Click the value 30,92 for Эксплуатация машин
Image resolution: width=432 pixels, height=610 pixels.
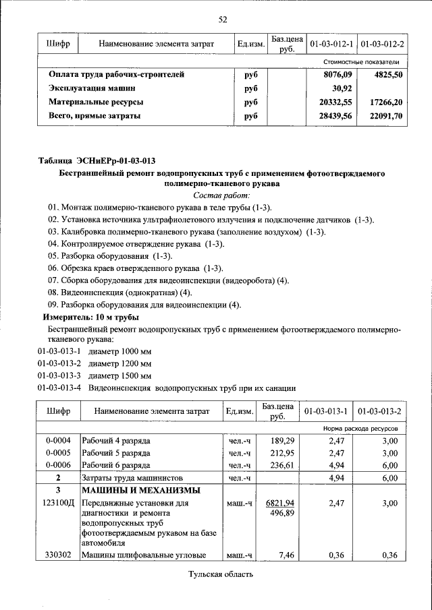coord(343,88)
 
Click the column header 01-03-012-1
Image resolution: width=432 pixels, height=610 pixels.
coord(331,44)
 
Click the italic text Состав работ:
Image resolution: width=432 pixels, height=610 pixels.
coord(221,195)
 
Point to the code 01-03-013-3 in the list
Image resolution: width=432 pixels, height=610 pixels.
coord(59,375)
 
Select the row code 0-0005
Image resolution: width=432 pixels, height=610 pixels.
coord(58,452)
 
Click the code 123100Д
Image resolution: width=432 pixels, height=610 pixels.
coord(58,504)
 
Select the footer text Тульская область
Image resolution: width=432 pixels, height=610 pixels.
coord(221,574)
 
